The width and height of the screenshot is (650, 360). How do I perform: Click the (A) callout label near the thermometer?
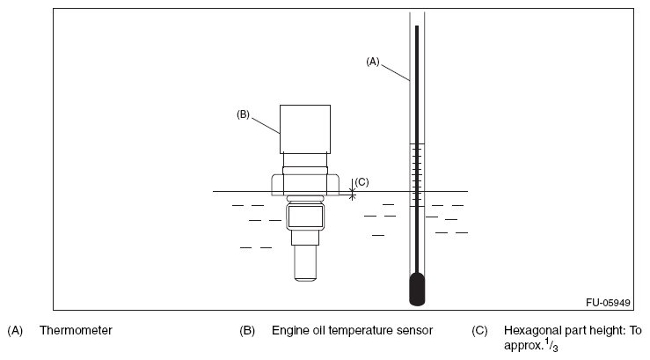[x=372, y=62]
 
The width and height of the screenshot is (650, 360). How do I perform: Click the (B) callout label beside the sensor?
[x=244, y=114]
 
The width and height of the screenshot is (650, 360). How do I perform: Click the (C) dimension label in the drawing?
[x=362, y=182]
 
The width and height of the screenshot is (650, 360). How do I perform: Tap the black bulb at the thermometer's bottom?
[x=417, y=288]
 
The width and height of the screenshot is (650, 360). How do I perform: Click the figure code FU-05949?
[x=608, y=302]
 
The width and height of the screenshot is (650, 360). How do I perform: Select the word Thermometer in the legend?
[x=76, y=331]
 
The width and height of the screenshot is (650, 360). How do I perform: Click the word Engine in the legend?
[x=289, y=331]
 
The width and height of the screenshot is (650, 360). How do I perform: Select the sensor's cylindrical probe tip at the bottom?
[x=304, y=263]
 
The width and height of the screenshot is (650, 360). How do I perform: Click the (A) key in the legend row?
[x=15, y=331]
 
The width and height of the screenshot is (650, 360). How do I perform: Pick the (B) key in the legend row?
[x=247, y=331]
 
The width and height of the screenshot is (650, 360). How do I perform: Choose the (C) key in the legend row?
[x=479, y=331]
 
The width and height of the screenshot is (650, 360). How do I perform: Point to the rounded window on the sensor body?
[x=304, y=215]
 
